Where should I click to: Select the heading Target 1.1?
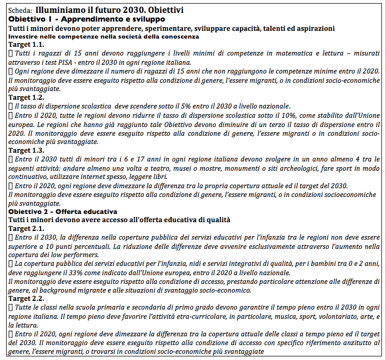tap(25, 45)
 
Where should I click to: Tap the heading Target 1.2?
tap(25, 97)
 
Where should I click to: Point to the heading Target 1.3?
tap(25, 150)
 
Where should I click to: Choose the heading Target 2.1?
tap(25, 228)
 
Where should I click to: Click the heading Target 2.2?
tap(25, 298)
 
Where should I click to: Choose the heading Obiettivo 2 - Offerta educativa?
tap(63, 211)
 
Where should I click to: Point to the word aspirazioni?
tap(310, 28)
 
